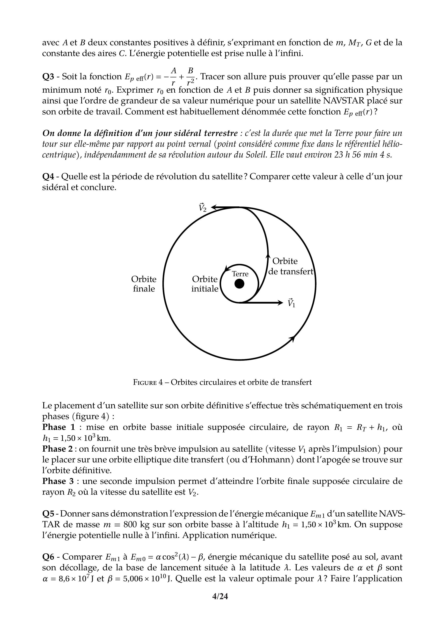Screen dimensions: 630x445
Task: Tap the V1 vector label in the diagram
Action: pyautogui.click(x=291, y=303)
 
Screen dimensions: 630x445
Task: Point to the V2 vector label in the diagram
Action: pyautogui.click(x=203, y=207)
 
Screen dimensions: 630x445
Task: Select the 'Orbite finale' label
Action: pyautogui.click(x=144, y=284)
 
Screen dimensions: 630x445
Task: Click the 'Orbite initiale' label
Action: pyautogui.click(x=205, y=284)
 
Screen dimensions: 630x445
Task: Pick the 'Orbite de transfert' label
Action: pyautogui.click(x=290, y=266)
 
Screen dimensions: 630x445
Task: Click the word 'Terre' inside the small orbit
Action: pyautogui.click(x=240, y=274)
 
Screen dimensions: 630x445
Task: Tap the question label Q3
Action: pyautogui.click(x=48, y=76)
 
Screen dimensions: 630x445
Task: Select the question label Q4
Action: pyautogui.click(x=48, y=176)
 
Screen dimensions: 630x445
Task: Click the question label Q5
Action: pyautogui.click(x=48, y=514)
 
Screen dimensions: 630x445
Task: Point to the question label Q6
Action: pyautogui.click(x=48, y=557)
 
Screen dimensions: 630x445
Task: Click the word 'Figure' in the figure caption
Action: pyautogui.click(x=145, y=382)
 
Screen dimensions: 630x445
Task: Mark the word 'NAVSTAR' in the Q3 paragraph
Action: pyautogui.click(x=344, y=101)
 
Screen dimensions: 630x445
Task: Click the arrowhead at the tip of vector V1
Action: pyautogui.click(x=281, y=303)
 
